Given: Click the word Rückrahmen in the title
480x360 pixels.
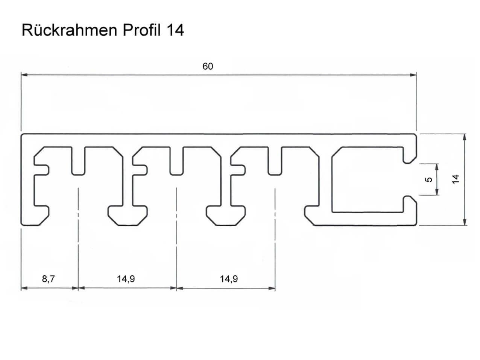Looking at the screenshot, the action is (x=70, y=30).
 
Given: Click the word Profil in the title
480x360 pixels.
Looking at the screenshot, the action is (x=142, y=30).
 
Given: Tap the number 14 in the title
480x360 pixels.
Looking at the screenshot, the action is (x=175, y=30).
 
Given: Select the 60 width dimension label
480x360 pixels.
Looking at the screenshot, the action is (x=208, y=66).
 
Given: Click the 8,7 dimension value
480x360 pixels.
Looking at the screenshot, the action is (x=48, y=279).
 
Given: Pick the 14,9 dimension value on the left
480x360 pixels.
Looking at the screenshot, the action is (x=126, y=279).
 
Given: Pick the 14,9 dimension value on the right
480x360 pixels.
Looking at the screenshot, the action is (x=229, y=279).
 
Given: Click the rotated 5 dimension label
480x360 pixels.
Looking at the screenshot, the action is (x=428, y=179).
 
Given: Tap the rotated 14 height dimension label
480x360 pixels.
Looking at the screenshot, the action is (x=456, y=179).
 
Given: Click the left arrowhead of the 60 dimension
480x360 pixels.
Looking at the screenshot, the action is (x=24, y=75).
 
